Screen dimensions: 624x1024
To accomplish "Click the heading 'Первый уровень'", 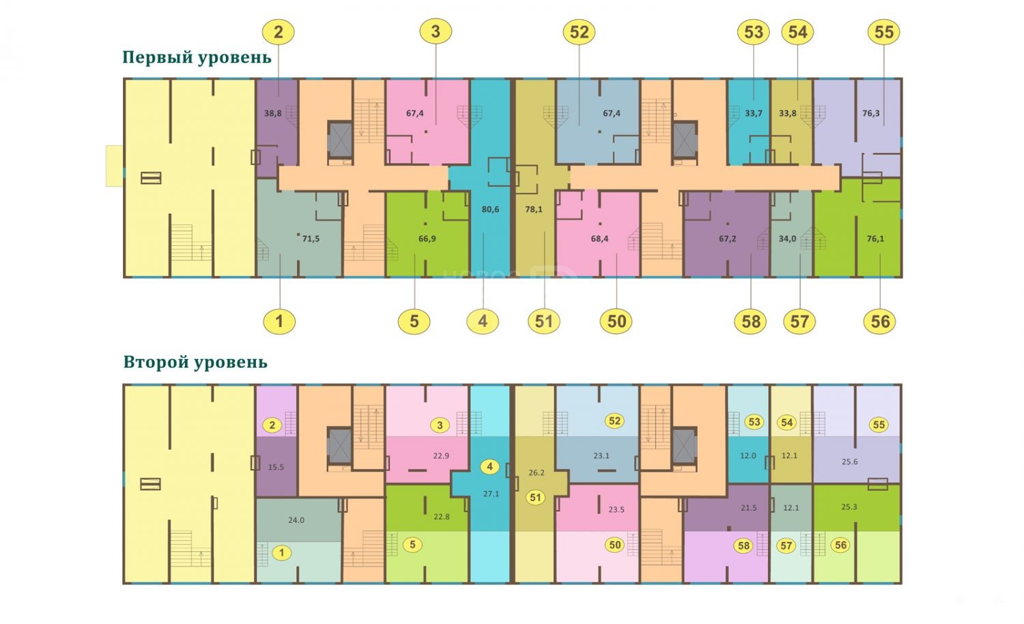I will click(x=197, y=57).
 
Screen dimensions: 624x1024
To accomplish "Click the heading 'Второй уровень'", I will click(x=195, y=363).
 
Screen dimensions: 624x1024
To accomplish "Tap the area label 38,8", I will click(x=273, y=113).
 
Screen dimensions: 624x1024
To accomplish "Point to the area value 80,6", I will click(x=490, y=210).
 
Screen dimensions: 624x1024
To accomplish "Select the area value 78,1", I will click(x=534, y=210).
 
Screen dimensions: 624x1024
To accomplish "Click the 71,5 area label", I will click(x=311, y=239).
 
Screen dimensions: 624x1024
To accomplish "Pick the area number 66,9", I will click(x=427, y=239).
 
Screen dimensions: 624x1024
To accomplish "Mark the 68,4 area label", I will click(x=599, y=239).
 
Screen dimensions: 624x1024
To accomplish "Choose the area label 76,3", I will click(x=871, y=113).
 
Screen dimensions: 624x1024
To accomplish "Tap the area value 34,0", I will click(x=787, y=239).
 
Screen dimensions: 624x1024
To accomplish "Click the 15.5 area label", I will click(x=276, y=468).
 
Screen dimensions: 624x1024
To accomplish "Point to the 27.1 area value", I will click(x=491, y=494).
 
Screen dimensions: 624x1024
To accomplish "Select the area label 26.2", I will click(x=537, y=472).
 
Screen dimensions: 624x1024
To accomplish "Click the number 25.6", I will click(x=850, y=462).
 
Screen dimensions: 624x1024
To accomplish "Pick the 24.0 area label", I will click(x=296, y=520).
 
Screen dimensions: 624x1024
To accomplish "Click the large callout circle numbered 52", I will click(x=579, y=32).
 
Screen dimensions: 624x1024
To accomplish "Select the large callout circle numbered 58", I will click(x=751, y=322).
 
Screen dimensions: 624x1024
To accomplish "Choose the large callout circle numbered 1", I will click(x=279, y=322).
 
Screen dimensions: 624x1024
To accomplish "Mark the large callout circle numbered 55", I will click(x=883, y=32).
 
